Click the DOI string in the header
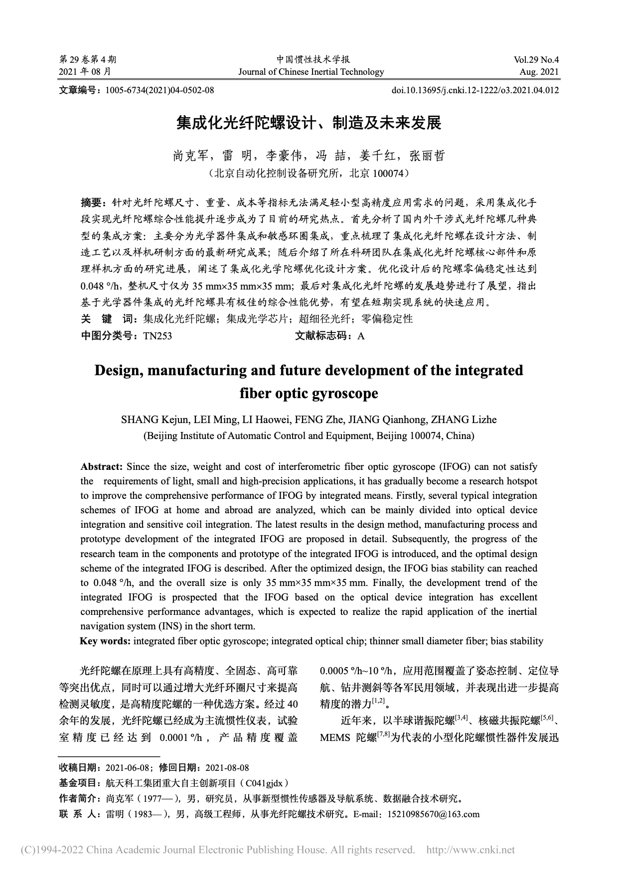tap(475, 90)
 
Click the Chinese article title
tap(309, 122)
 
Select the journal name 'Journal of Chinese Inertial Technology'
tap(311, 72)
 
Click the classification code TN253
tap(157, 336)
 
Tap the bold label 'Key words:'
tap(106, 641)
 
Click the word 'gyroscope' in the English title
tap(343, 394)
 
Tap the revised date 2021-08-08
tap(227, 767)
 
